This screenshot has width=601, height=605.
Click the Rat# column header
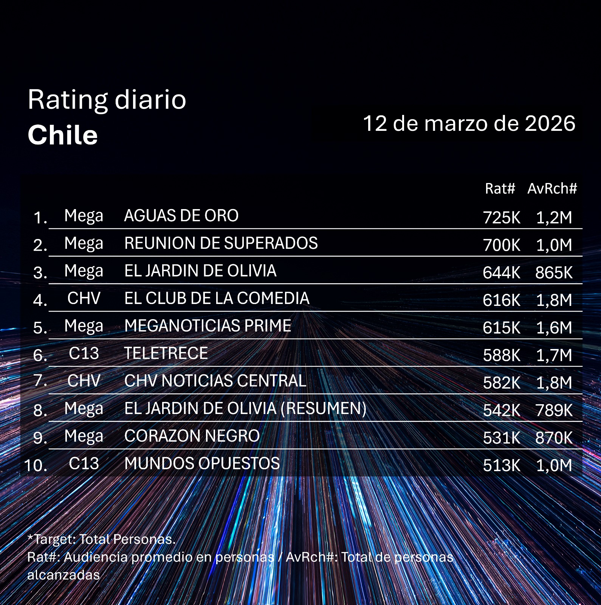[x=500, y=188]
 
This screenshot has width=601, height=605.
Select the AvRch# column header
[x=552, y=188]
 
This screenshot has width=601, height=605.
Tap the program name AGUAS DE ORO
[x=181, y=216]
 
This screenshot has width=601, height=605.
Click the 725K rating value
[x=502, y=218]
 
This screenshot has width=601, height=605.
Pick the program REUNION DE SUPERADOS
[x=221, y=244]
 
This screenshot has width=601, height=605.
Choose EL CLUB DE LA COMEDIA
[x=217, y=299]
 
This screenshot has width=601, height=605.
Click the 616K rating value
[x=502, y=301]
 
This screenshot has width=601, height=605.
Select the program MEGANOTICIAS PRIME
[x=208, y=326]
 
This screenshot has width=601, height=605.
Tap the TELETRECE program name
[x=166, y=354]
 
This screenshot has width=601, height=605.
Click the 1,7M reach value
[x=554, y=355]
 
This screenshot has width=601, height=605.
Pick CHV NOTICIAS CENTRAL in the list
[x=215, y=381]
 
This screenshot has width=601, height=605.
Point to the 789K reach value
[x=554, y=411]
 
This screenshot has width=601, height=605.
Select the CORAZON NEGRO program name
[x=192, y=436]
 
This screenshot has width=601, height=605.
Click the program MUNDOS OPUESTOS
[x=202, y=464]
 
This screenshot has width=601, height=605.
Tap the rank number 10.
[x=36, y=465]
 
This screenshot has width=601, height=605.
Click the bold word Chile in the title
[x=63, y=135]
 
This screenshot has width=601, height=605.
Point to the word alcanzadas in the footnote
[x=64, y=575]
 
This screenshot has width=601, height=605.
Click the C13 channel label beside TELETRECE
[x=84, y=354]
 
